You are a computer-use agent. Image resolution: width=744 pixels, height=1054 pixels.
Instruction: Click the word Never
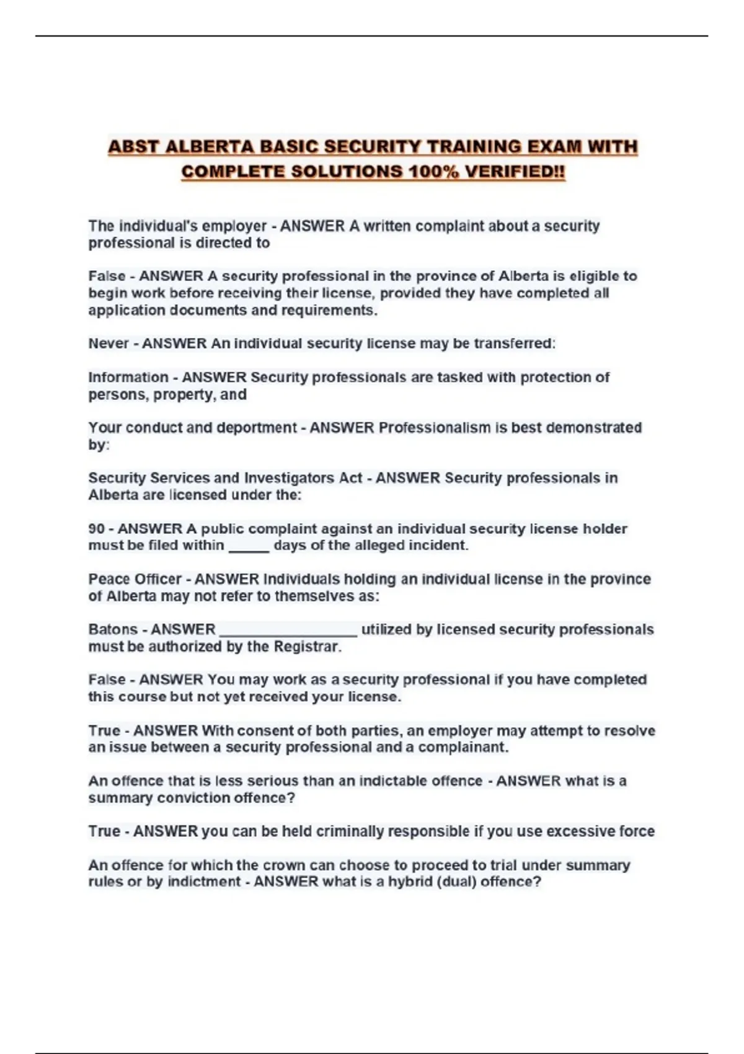click(x=108, y=343)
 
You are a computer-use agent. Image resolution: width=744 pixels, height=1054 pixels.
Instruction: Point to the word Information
click(x=128, y=378)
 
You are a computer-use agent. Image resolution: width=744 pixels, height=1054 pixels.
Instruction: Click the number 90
click(x=97, y=529)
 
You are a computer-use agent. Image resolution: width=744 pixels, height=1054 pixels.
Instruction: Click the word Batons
click(x=112, y=629)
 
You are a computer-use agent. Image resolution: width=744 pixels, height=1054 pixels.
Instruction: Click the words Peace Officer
click(x=135, y=579)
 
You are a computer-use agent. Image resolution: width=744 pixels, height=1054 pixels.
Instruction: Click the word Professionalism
click(x=434, y=428)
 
